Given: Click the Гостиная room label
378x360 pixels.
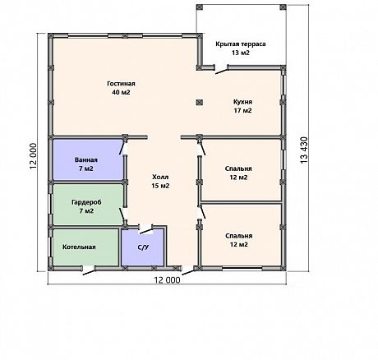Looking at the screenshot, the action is tap(121, 84).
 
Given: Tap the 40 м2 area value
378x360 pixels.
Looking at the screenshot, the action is tap(121, 92).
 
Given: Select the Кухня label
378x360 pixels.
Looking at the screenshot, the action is tap(242, 102).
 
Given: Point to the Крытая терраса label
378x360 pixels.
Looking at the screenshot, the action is tap(241, 44).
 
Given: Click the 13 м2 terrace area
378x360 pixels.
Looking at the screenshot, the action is tap(241, 53).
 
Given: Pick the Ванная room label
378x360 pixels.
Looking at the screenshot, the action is tap(86, 159).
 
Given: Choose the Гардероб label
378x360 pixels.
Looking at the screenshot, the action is tap(86, 202).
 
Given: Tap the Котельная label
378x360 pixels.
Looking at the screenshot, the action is tap(79, 247).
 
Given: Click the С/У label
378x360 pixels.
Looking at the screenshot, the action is tap(143, 247).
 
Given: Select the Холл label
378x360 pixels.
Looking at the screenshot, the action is tap(160, 177).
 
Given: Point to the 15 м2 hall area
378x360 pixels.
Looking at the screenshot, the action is tap(160, 186).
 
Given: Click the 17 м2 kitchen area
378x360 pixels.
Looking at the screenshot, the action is tap(242, 111).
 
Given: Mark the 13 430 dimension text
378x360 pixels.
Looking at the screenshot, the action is tap(304, 150).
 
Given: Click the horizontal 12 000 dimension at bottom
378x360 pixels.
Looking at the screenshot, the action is tap(168, 280).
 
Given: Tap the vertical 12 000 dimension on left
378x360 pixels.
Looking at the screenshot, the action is tap(33, 156).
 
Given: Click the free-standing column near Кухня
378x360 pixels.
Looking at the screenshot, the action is tap(200, 102).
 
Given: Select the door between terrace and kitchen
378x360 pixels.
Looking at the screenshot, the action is tap(221, 70).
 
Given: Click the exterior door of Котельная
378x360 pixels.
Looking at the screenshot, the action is tap(89, 270).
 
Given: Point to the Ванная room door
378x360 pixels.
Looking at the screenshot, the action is tap(122, 148).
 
